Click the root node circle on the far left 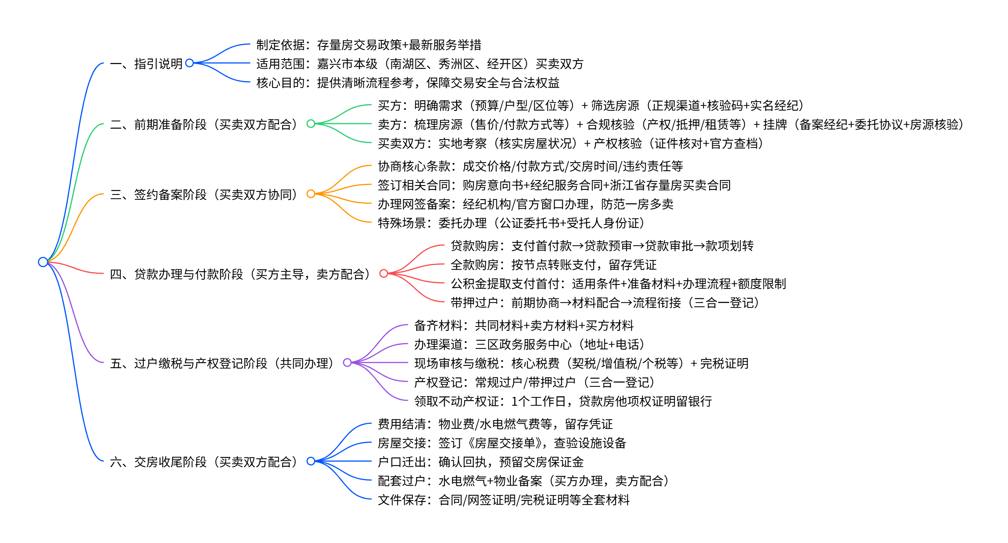click(x=43, y=262)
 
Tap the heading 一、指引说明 click(x=146, y=63)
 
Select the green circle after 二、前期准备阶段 click(x=311, y=124)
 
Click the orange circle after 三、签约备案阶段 click(x=311, y=194)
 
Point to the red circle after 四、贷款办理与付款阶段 click(x=384, y=273)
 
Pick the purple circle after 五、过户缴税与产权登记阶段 click(x=347, y=363)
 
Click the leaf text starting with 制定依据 click(x=369, y=45)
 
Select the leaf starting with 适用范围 click(x=420, y=63)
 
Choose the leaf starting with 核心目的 click(x=408, y=83)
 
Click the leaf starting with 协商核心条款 click(x=530, y=166)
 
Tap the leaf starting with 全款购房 click(x=553, y=264)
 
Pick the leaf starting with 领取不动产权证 click(x=563, y=401)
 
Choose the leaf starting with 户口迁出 click(x=481, y=461)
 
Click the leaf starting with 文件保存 click(x=503, y=499)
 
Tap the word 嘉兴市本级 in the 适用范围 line click(x=347, y=63)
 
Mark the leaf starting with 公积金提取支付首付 click(x=618, y=283)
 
